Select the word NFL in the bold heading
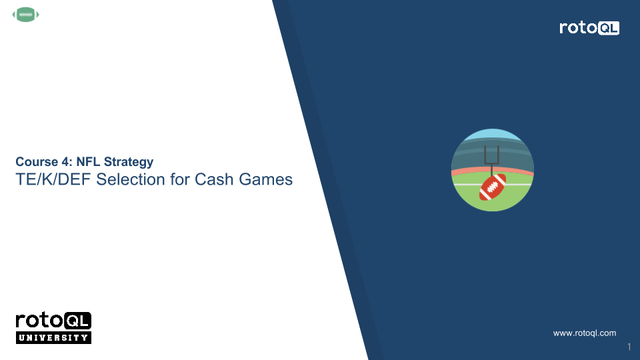pyautogui.click(x=88, y=162)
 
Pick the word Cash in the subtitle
pyautogui.click(x=211, y=179)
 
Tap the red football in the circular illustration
pyautogui.click(x=493, y=188)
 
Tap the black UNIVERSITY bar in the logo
pyautogui.click(x=53, y=337)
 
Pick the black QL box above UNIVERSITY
pyautogui.click(x=78, y=321)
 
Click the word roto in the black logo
pyautogui.click(x=40, y=321)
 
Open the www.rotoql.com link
pyautogui.click(x=585, y=333)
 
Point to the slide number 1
pyautogui.click(x=629, y=347)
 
